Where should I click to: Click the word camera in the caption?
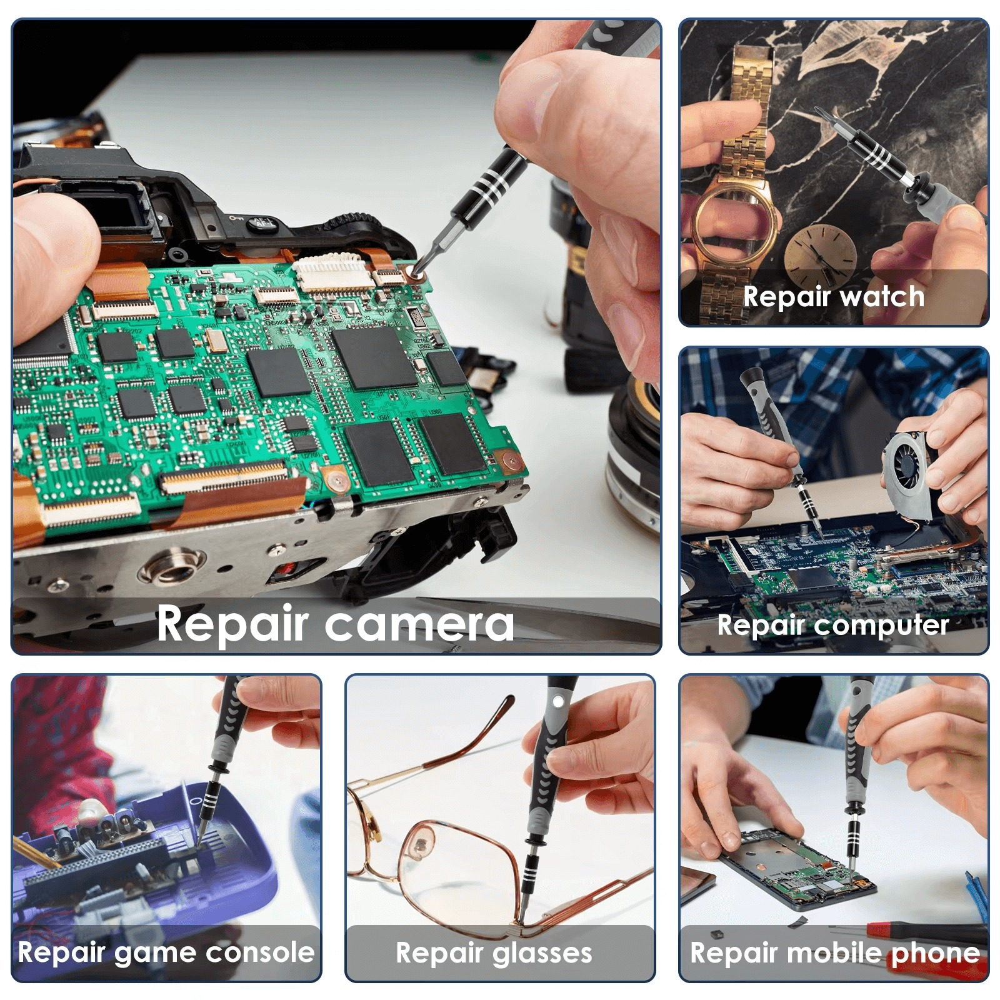(419, 624)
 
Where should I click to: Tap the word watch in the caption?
(881, 296)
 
